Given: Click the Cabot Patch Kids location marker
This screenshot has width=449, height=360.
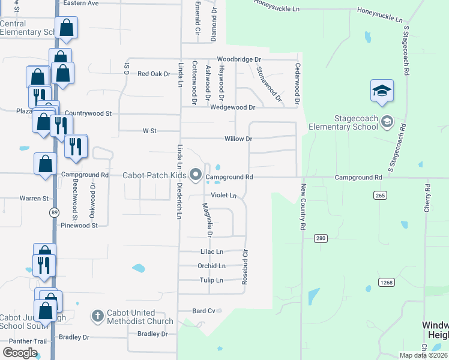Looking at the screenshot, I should (196, 175).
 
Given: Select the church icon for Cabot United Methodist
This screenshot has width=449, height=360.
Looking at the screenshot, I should (98, 316).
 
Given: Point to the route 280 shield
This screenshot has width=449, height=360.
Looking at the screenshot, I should (321, 239).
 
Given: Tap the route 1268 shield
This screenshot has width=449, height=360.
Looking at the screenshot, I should (385, 282).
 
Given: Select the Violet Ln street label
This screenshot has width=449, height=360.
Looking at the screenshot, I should (224, 196).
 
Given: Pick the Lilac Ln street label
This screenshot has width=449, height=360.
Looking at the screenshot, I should (211, 251).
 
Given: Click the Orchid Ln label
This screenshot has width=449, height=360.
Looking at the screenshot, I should (211, 266).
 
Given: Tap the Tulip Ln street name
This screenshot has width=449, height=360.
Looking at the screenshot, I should (211, 280).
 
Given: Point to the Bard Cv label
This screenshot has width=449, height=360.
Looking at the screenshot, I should (203, 311).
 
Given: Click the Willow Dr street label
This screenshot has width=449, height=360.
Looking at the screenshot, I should (238, 139).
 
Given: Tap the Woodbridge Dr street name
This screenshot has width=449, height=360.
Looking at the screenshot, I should (240, 59).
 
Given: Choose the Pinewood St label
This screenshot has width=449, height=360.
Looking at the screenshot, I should (79, 226).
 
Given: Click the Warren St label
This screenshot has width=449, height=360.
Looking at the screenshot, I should (34, 198).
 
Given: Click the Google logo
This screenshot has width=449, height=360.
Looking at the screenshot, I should (20, 352).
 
